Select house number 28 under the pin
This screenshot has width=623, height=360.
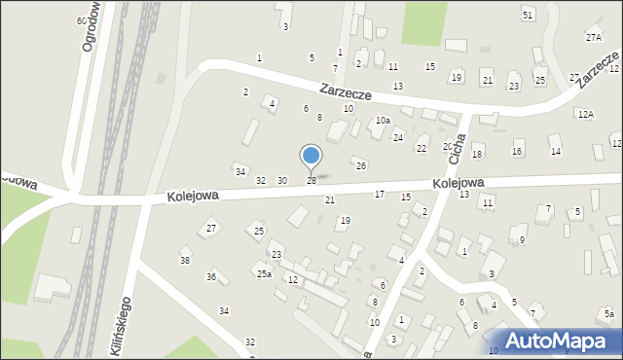click(311, 181)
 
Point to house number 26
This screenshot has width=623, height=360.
click(361, 165)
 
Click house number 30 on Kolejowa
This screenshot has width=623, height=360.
click(282, 181)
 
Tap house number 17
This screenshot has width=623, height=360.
click(380, 195)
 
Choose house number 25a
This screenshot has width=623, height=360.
click(264, 274)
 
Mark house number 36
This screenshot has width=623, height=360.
click(211, 277)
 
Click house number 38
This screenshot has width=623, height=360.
click(185, 260)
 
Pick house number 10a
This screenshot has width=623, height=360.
click(384, 121)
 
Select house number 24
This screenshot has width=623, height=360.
click(398, 138)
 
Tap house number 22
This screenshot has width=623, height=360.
click(421, 149)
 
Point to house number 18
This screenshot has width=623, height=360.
click(477, 155)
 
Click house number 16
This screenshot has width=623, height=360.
click(517, 152)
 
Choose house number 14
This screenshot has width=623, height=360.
click(555, 152)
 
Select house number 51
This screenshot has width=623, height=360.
click(528, 15)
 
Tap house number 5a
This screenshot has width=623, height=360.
click(608, 313)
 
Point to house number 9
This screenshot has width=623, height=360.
click(523, 240)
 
